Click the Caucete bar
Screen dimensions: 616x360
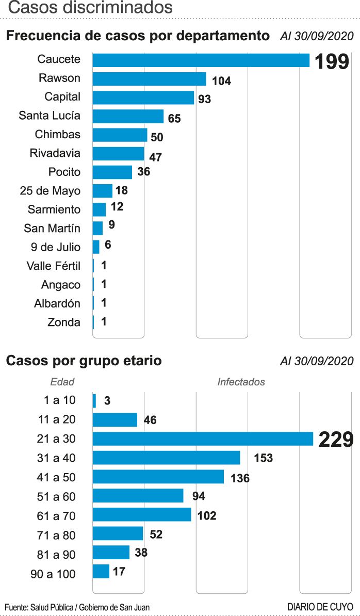[201, 60]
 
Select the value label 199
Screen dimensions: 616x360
[332, 62]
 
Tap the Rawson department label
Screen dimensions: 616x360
[60, 78]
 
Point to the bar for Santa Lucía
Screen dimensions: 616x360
[128, 116]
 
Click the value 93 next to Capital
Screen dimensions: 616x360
[205, 99]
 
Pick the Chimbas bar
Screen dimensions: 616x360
[120, 135]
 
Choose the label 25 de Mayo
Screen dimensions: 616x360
[51, 191]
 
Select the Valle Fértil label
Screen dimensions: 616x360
[54, 266]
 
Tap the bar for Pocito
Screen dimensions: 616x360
[112, 172]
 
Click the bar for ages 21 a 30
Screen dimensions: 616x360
[203, 439]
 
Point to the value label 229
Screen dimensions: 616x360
[335, 440]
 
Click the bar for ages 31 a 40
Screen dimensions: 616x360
[166, 458]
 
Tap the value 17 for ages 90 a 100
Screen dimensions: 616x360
[119, 572]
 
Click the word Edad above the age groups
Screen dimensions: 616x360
[62, 382]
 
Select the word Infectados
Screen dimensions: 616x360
[241, 382]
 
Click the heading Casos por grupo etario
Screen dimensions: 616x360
[84, 361]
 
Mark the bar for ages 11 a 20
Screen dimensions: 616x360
[114, 420]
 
